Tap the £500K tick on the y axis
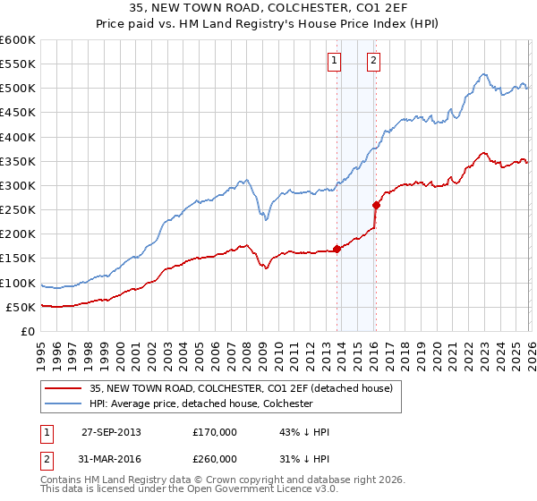click(x=18, y=89)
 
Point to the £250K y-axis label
click(x=18, y=210)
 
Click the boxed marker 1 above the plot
click(x=334, y=61)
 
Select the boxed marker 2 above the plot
click(x=373, y=61)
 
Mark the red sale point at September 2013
click(x=337, y=249)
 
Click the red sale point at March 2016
click(x=376, y=205)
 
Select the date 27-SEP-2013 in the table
click(x=111, y=432)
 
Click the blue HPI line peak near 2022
click(x=482, y=74)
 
